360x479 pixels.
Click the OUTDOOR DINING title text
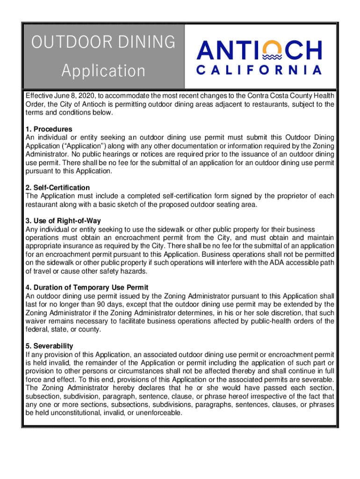[x=103, y=43]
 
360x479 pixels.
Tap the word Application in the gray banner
[x=103, y=71]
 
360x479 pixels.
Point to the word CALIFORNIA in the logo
[x=259, y=71]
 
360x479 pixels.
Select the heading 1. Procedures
[x=49, y=129]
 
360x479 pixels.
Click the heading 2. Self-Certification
[x=58, y=188]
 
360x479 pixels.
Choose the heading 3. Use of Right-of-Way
[x=64, y=220]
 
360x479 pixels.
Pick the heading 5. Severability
[x=50, y=346]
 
